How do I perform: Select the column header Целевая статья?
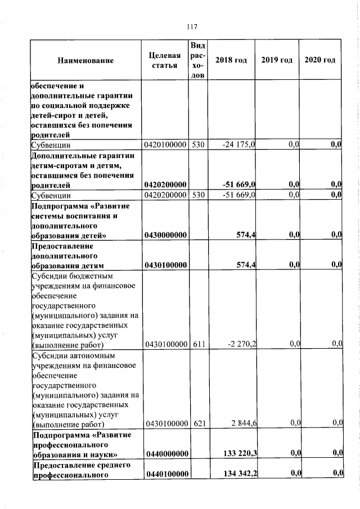[x=165, y=61]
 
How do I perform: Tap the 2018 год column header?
[x=232, y=61]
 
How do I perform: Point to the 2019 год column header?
[x=277, y=61]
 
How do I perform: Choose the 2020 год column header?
[x=320, y=61]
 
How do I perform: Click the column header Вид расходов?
[x=198, y=61]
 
